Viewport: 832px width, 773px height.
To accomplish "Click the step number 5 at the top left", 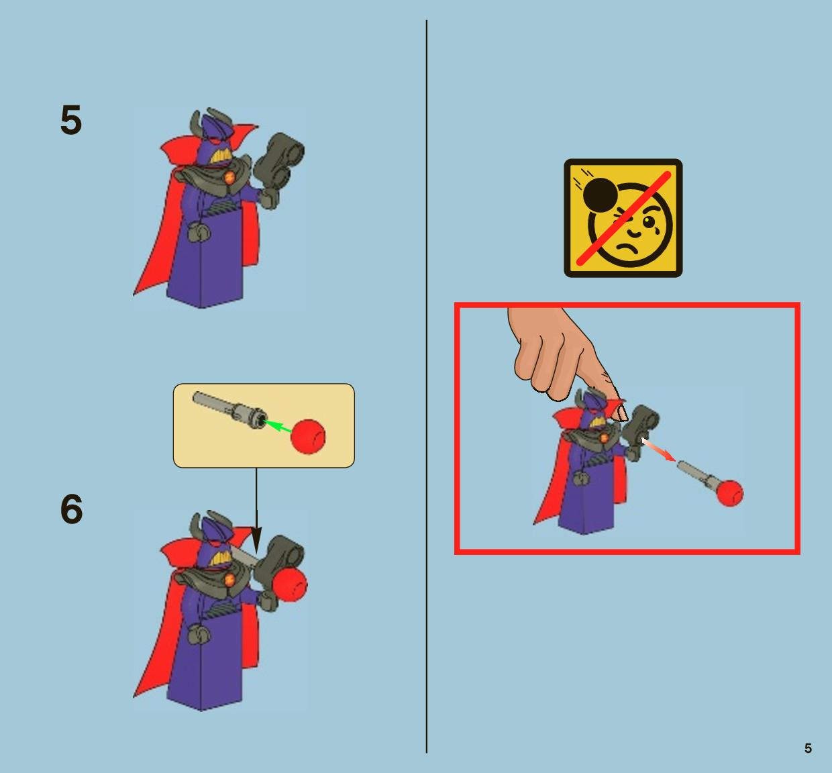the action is click(x=71, y=120).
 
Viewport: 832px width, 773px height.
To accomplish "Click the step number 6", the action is click(x=71, y=509).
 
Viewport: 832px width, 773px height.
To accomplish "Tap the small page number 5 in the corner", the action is click(x=808, y=748).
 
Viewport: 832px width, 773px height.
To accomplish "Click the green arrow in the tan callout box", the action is click(x=277, y=427).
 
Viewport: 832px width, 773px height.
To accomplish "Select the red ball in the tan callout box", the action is click(x=308, y=436).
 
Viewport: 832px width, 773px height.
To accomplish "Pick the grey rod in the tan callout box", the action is click(x=229, y=411).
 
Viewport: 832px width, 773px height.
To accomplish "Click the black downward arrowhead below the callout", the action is click(x=256, y=540).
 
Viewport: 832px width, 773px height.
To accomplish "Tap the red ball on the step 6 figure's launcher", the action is click(x=289, y=584).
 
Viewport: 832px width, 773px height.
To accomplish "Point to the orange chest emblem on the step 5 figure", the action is click(x=229, y=178).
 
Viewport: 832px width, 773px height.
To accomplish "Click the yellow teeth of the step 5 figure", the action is click(x=221, y=157).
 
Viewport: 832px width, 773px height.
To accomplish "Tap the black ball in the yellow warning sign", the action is click(x=600, y=195).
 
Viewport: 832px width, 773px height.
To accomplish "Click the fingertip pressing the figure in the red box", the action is click(x=619, y=413).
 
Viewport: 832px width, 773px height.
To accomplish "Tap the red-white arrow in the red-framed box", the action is click(x=659, y=450).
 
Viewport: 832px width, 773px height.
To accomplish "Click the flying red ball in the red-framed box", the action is click(x=730, y=493).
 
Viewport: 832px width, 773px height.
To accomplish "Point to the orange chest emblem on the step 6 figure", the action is click(x=229, y=580).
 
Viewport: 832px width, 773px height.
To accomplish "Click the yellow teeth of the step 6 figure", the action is click(x=221, y=558).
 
